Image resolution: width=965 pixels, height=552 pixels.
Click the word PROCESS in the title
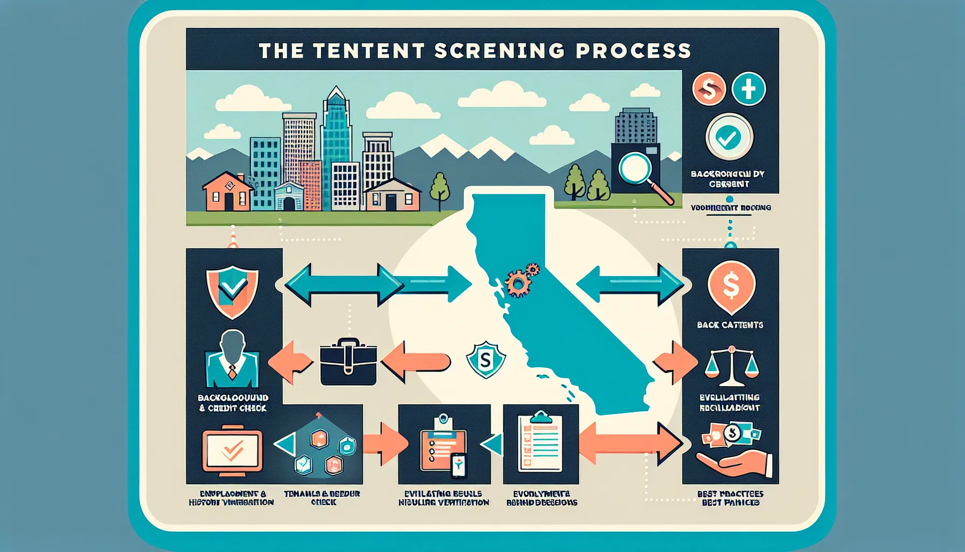coord(633,51)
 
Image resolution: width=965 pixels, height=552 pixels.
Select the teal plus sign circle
coord(749,89)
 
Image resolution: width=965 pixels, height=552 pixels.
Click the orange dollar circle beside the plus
coord(709,89)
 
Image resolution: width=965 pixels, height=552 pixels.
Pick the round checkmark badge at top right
coord(729,137)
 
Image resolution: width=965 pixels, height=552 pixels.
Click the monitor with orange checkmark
coord(232,450)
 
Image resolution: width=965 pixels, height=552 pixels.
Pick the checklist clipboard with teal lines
coord(540,442)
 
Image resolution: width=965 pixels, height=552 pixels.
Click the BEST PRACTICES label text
coord(730,494)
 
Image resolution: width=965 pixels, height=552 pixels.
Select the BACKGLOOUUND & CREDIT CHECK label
coord(233,403)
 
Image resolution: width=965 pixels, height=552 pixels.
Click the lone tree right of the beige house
coord(439,189)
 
